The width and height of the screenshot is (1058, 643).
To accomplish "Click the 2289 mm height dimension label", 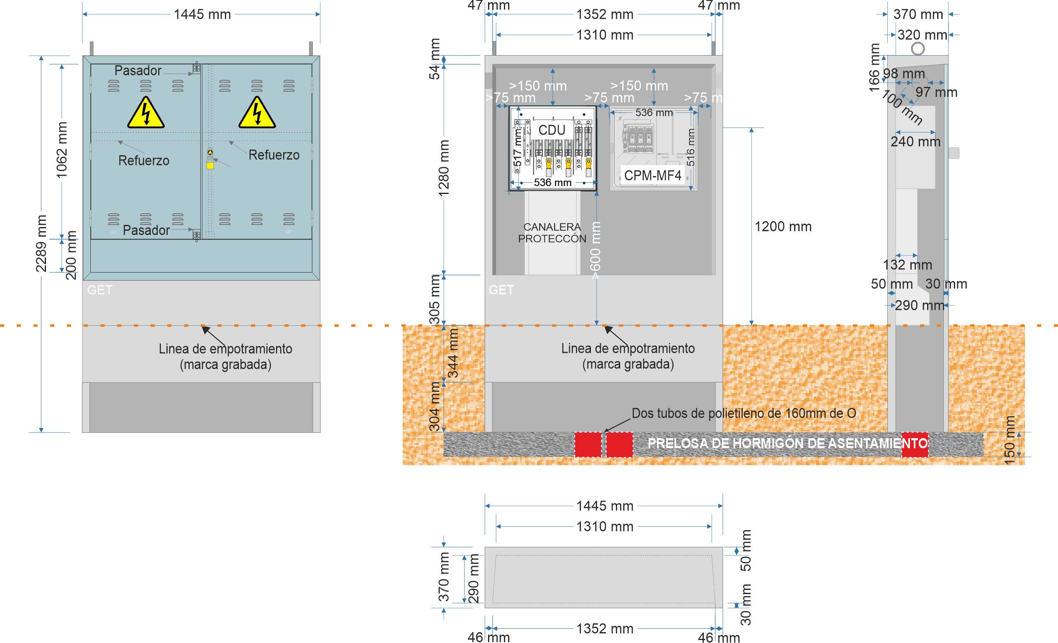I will coord(41,243).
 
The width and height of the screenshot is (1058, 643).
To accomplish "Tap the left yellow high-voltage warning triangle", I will coord(146,113).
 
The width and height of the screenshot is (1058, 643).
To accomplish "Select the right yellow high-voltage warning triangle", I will coord(257,113).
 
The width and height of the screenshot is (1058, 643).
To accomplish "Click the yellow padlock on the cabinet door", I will coord(210,164).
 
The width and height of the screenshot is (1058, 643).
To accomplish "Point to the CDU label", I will coord(552,130).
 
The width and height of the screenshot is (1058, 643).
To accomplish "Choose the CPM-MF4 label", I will coord(652,175).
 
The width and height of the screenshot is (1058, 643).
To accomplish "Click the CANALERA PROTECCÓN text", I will coord(552,232).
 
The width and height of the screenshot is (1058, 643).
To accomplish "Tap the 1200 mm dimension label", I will coord(783,227).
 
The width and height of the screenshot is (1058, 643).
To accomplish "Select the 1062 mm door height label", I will coord(62,150).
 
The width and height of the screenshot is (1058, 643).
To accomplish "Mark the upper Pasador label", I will coord(138,70).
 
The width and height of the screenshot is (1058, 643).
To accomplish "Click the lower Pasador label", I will coord(146,230).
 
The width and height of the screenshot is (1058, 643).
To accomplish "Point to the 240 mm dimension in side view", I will coord(915,142).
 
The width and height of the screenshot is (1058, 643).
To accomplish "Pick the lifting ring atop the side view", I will coord(917,48).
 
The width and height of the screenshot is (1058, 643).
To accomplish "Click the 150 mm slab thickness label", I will coord(1010,439).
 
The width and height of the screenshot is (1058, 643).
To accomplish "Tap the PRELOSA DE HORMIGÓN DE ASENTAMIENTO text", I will coord(787,444).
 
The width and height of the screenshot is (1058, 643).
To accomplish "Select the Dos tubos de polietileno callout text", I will coord(744,413).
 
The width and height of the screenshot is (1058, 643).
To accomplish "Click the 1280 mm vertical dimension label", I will coord(444,168).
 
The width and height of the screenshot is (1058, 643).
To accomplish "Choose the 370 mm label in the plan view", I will coord(444,577).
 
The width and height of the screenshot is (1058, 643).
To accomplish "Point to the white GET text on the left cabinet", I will coord(100,290).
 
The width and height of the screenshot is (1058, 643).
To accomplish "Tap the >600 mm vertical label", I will coord(595,250).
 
